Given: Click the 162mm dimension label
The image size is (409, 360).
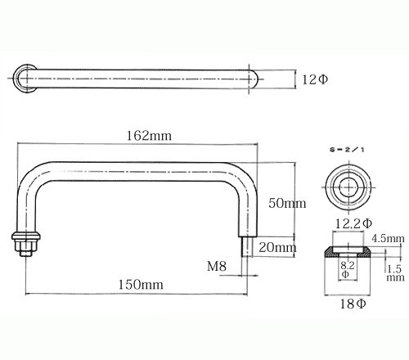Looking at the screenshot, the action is (149, 136).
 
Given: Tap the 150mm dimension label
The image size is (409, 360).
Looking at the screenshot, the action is (141, 285).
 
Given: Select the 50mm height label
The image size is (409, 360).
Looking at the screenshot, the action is (287, 203).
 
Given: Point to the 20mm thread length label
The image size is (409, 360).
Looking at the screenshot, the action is (277, 247).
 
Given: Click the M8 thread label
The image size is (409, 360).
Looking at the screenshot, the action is (217, 266).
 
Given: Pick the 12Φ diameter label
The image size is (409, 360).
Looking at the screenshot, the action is (315, 79).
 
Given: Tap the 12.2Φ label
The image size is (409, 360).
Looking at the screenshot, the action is (353, 223).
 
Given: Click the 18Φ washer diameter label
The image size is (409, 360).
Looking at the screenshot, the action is (353, 304).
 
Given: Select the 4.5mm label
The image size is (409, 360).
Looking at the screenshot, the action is (388, 238).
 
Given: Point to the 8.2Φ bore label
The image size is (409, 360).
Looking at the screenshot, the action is (347, 269).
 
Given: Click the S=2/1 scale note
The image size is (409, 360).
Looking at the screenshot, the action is (347, 150).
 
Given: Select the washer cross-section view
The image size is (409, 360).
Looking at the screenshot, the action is (348, 251).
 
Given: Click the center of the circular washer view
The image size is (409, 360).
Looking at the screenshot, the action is (348, 187).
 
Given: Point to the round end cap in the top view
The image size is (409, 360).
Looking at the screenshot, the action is (25, 79).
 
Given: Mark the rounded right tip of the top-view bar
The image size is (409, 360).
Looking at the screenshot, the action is (257, 79).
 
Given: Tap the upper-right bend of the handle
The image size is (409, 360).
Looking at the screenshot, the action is (243, 176).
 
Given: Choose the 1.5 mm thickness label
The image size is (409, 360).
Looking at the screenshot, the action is (395, 273).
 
